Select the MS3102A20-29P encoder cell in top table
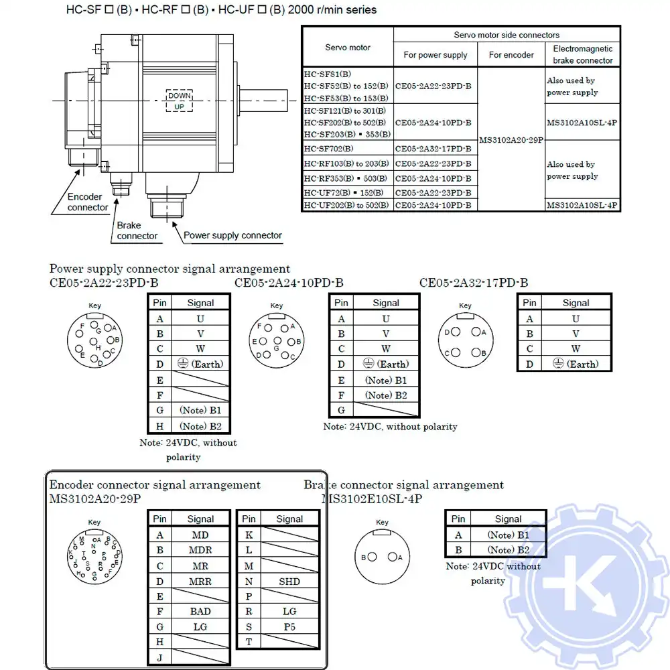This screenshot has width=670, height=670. [x=511, y=139]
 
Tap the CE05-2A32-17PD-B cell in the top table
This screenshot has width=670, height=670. [x=433, y=149]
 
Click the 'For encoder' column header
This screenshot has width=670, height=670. [x=511, y=55]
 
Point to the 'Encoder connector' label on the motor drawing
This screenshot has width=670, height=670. [x=87, y=202]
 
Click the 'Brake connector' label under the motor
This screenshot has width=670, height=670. [x=137, y=230]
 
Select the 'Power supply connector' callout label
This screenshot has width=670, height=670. [x=232, y=235]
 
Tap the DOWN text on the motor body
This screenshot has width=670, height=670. [x=179, y=96]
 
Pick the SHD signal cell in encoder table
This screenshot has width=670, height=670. [x=289, y=582]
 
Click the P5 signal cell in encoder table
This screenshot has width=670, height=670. [x=289, y=626]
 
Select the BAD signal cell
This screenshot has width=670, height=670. [x=200, y=611]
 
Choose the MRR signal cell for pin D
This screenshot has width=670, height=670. [x=200, y=582]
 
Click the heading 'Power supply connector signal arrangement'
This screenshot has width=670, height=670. [x=170, y=269]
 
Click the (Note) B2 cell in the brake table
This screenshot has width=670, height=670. [x=508, y=550]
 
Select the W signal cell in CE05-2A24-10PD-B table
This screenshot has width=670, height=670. [x=386, y=348]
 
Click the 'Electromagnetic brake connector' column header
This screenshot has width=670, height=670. [x=582, y=54]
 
